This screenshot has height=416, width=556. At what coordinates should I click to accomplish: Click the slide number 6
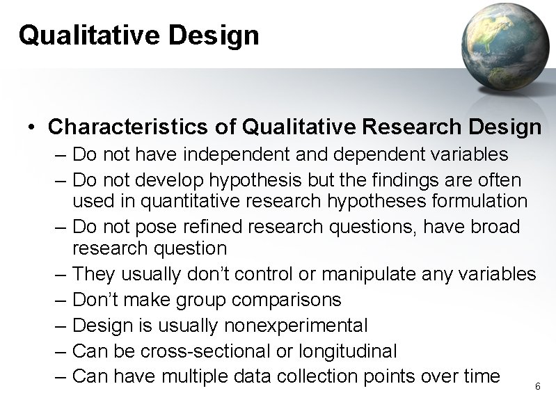(537, 386)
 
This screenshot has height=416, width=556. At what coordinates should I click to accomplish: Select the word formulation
(476, 201)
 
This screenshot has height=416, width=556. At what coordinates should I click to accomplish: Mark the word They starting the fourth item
(91, 274)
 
